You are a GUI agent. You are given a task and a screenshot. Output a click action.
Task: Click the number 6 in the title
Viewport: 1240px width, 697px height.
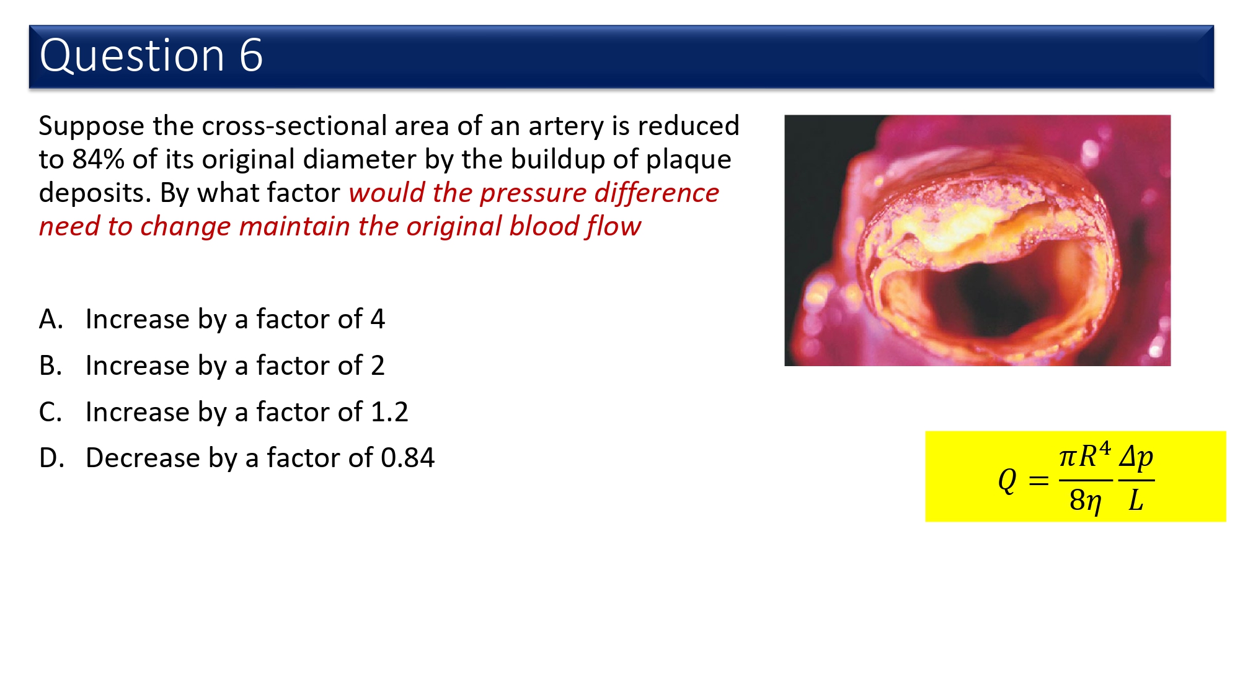pyautogui.click(x=251, y=55)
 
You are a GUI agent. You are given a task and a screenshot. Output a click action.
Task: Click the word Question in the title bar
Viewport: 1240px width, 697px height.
pyautogui.click(x=132, y=56)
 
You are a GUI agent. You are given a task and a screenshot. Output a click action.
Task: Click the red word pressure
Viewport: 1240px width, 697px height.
pyautogui.click(x=533, y=193)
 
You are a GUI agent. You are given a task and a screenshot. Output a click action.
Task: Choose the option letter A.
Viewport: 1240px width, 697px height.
pyautogui.click(x=51, y=319)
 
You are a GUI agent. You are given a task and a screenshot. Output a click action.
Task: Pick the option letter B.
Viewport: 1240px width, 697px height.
pyautogui.click(x=50, y=366)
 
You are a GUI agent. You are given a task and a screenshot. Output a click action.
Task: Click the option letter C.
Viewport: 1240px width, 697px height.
pyautogui.click(x=50, y=412)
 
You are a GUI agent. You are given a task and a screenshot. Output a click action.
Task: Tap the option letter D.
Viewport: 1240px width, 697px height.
pyautogui.click(x=51, y=458)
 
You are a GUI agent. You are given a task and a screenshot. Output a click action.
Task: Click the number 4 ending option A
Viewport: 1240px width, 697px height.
pyautogui.click(x=378, y=319)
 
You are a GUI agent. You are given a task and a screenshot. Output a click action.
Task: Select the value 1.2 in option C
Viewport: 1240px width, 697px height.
pyautogui.click(x=389, y=412)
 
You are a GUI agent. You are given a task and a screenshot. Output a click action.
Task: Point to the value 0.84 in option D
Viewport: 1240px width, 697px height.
pyautogui.click(x=408, y=458)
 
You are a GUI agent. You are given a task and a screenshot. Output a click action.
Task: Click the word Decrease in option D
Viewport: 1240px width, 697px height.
pyautogui.click(x=143, y=458)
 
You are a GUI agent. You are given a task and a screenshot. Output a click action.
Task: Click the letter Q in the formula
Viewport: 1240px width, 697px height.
pyautogui.click(x=1007, y=480)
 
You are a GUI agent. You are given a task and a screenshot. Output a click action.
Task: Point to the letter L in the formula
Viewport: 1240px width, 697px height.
pyautogui.click(x=1136, y=500)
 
